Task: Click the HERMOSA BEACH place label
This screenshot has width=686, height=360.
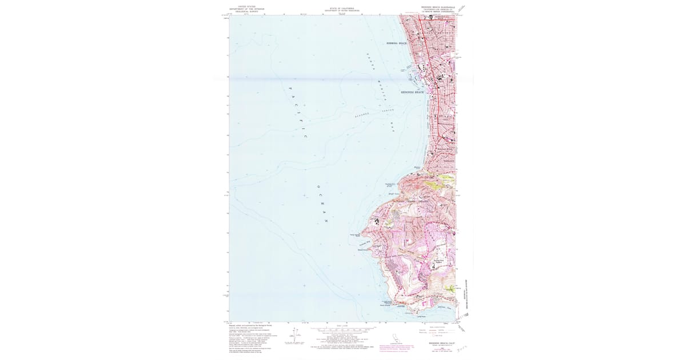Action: (396, 43)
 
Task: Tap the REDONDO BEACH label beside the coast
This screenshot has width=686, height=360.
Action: (412, 92)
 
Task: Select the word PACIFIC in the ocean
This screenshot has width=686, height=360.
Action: (297, 111)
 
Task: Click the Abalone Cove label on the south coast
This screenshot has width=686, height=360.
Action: (445, 307)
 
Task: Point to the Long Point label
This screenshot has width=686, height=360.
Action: (421, 315)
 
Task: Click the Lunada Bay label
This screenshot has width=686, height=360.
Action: (365, 242)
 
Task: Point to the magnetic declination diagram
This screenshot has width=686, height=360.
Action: (295, 335)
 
